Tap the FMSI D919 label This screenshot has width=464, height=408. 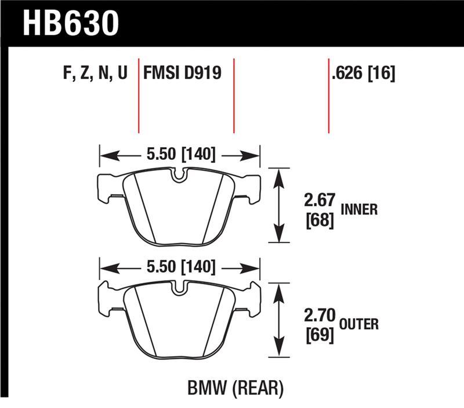click(x=182, y=74)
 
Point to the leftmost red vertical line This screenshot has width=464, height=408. click(x=139, y=96)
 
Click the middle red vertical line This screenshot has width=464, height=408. click(x=234, y=96)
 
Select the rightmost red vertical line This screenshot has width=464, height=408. click(x=329, y=96)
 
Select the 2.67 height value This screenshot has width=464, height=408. click(x=318, y=202)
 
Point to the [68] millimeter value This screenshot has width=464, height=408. click(x=318, y=220)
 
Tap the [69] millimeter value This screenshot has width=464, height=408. click(x=318, y=335)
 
